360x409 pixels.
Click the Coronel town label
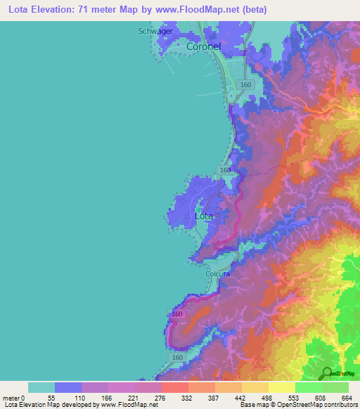[204, 46]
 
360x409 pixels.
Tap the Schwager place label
[155, 31]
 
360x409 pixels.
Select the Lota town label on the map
[204, 216]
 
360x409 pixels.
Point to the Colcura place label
[217, 275]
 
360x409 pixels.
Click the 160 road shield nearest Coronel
[245, 84]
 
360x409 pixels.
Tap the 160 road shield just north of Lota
[225, 171]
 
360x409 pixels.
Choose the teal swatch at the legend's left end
[41, 387]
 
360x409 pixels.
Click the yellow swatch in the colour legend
[281, 387]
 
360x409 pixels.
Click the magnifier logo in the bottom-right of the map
[326, 373]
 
